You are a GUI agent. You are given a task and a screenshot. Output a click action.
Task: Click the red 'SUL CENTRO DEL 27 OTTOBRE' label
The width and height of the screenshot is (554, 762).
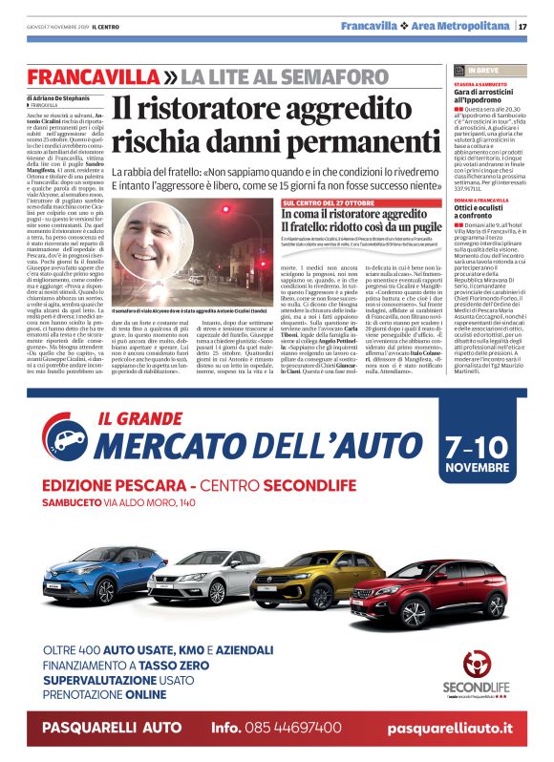tap(330, 203)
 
